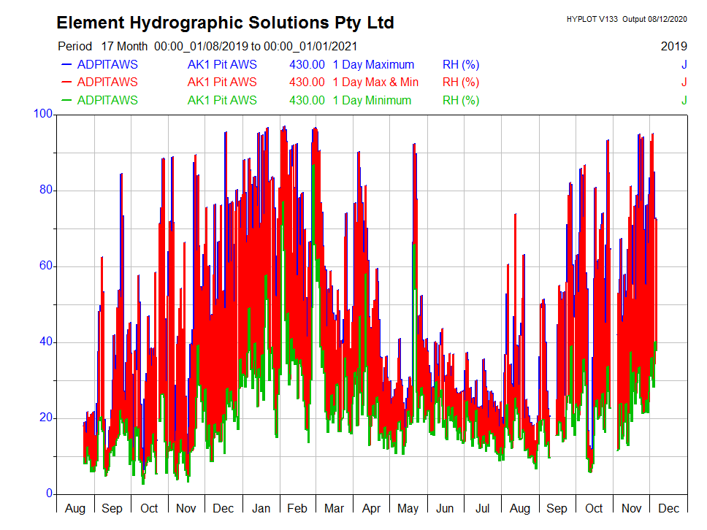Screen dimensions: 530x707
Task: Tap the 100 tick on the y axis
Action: pos(44,114)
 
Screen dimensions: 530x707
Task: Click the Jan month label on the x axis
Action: pos(261,509)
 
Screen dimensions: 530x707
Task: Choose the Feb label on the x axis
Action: pos(297,509)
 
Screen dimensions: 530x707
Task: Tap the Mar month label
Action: pos(335,509)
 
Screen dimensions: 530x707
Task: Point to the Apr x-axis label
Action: pos(371,509)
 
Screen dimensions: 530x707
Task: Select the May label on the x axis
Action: pos(408,509)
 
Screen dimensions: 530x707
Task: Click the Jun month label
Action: pos(445,509)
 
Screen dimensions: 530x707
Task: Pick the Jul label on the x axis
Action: pos(482,509)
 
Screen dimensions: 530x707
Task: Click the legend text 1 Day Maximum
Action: pos(372,64)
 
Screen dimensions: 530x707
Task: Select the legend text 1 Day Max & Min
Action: pos(375,82)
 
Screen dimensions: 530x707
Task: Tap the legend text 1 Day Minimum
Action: pos(372,100)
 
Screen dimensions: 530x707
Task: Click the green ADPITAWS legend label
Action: pos(107,100)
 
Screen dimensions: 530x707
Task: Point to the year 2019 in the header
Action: pos(673,46)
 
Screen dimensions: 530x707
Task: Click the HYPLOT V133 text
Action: pos(592,19)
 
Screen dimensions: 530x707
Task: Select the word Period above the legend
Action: pos(75,46)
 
